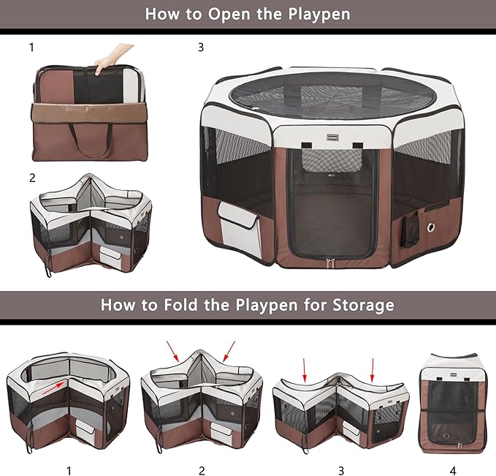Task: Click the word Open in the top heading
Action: [222, 14]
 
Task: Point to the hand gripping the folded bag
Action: [116, 55]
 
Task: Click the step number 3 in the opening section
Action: [201, 48]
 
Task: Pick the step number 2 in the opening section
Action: [32, 178]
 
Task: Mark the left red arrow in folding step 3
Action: [304, 369]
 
